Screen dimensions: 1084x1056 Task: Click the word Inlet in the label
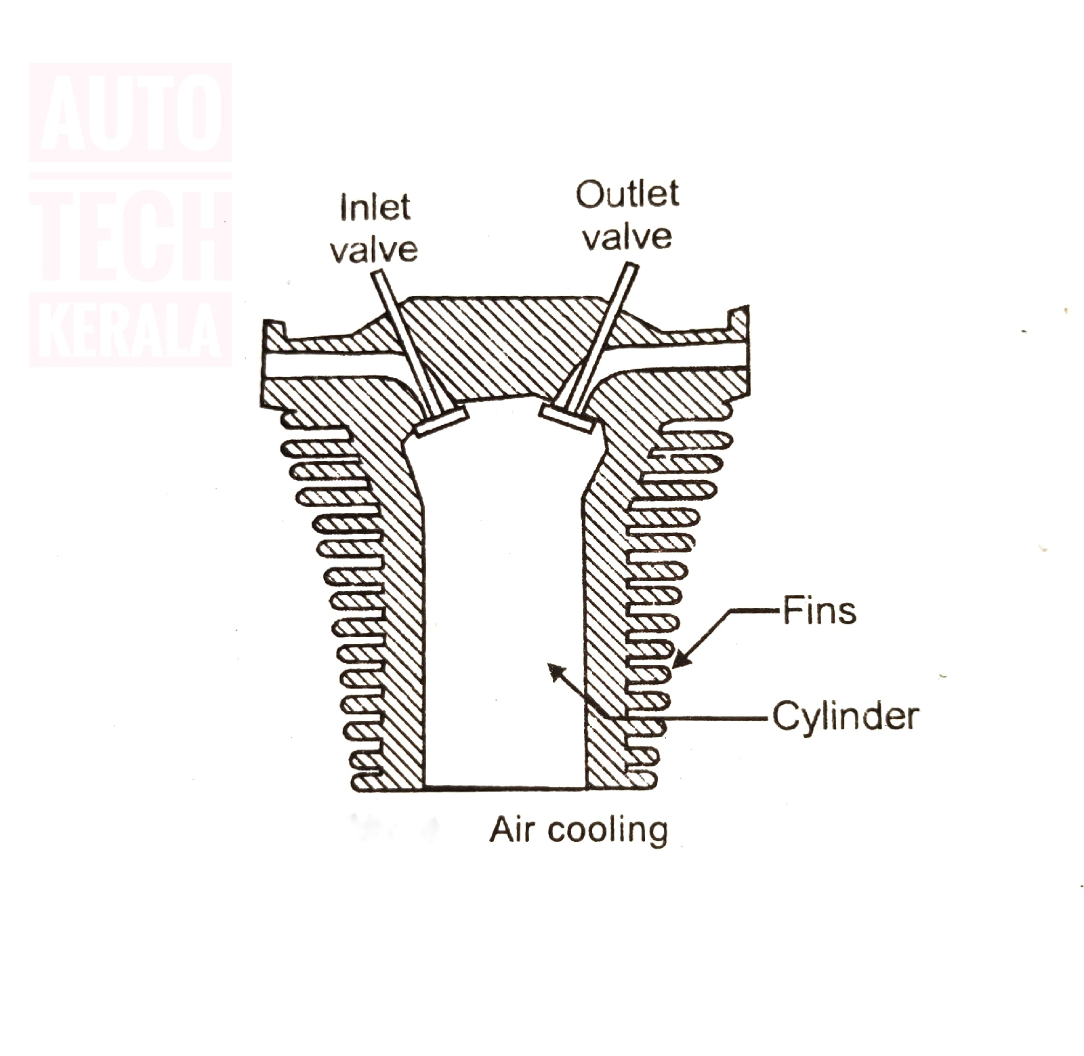point(375,207)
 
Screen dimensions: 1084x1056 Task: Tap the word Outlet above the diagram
point(627,195)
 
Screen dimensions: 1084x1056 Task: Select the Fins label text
point(819,611)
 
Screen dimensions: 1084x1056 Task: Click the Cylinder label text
point(846,716)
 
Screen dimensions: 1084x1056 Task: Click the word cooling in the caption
point(608,830)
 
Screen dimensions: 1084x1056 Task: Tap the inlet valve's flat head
point(441,422)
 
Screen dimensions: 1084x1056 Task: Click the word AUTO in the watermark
point(131,113)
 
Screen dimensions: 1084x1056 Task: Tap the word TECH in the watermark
point(131,235)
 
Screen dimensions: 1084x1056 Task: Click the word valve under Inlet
point(374,249)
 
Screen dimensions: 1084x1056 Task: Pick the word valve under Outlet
point(627,237)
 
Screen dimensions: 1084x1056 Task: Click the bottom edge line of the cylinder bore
point(505,788)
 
